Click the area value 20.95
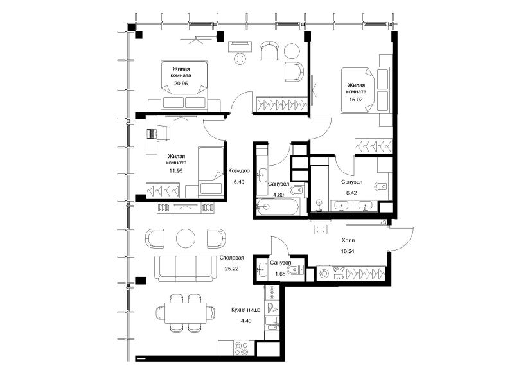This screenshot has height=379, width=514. pos(181,84)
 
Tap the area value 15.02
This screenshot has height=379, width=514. pos(356,100)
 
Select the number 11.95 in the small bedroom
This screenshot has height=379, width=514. pos(175,171)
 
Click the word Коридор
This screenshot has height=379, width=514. pos(239,170)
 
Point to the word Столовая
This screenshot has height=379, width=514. pos(232,258)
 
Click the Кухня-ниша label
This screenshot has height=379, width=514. pos(246,310)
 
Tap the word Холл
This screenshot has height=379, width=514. pos(348,240)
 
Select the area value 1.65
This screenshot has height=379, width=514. pos(280,274)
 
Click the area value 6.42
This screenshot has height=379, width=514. pos(351,193)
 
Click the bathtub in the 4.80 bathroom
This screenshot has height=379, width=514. pos(278,207)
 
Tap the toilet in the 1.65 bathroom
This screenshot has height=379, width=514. pos(295,270)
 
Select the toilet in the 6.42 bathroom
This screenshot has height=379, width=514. pos(381,186)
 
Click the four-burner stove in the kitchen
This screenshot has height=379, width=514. pos(242,348)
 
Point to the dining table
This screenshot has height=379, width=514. pos(185,313)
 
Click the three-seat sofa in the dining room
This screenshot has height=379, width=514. pos(186,269)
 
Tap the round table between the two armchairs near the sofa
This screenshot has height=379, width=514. pos(186,238)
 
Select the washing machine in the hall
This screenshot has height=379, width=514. pos(324,274)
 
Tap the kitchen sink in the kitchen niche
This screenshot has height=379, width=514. pos(271,322)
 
